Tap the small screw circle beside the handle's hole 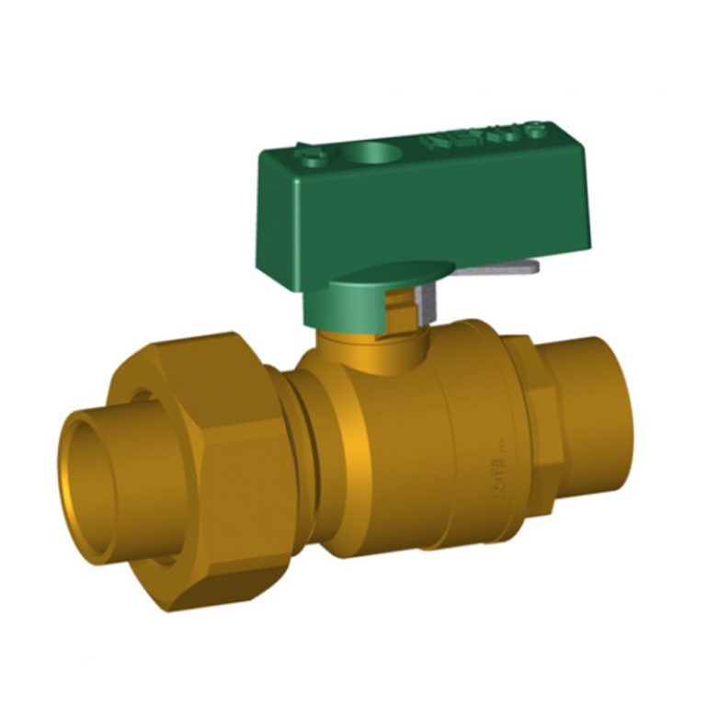[315, 159]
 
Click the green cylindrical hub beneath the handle [354, 301]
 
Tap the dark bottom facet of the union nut [230, 579]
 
